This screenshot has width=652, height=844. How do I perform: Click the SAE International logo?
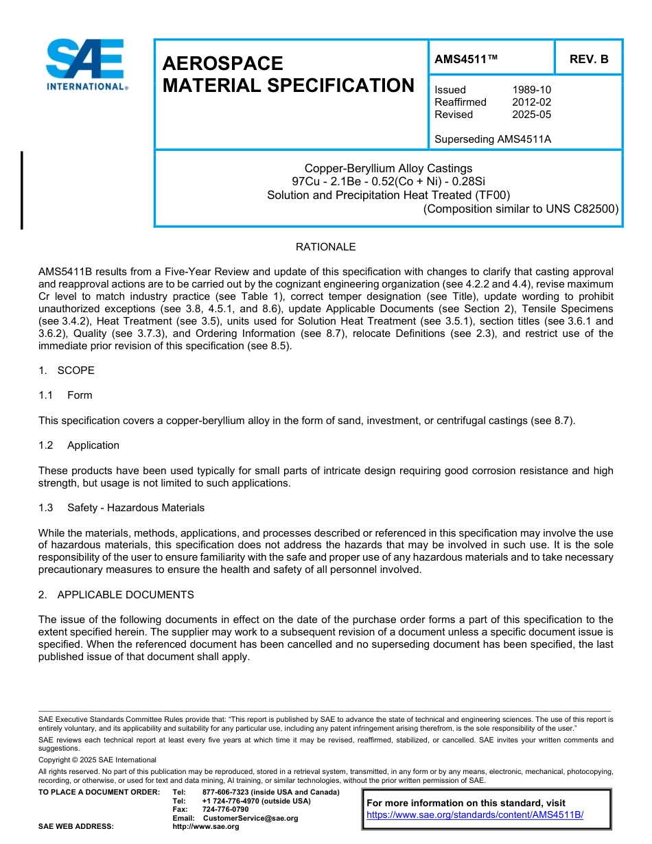[86, 65]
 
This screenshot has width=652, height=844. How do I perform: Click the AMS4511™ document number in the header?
[465, 60]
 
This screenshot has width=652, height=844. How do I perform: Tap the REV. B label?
[588, 60]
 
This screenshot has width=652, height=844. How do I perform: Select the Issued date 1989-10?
[531, 90]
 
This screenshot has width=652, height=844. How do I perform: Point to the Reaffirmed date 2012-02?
[531, 102]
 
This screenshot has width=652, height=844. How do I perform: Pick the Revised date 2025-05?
[531, 115]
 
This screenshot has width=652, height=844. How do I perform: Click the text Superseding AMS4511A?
[493, 139]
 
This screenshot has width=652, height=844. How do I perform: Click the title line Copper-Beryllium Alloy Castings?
[388, 168]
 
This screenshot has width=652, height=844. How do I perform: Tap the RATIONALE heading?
[325, 247]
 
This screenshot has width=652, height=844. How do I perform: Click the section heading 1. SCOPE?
[67, 371]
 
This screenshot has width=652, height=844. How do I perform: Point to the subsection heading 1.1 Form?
[65, 395]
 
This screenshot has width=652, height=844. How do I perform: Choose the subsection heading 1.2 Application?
[79, 445]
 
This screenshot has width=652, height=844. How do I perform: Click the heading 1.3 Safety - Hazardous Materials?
[121, 508]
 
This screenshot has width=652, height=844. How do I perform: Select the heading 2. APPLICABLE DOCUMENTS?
[116, 595]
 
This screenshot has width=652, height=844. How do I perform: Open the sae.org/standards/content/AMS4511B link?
[475, 815]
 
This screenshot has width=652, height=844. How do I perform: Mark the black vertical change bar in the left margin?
[22, 190]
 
